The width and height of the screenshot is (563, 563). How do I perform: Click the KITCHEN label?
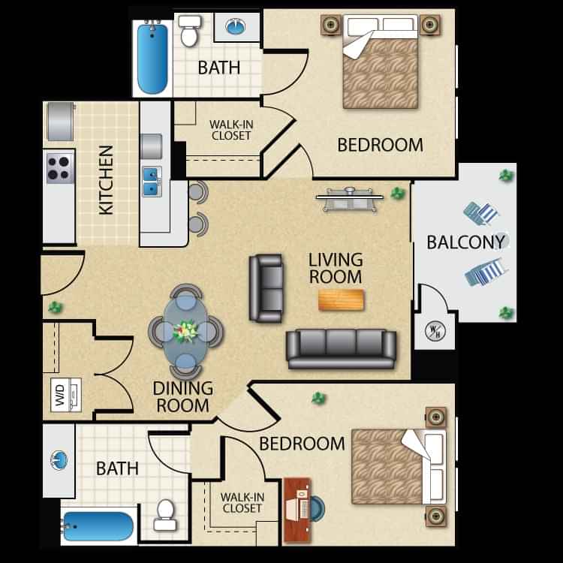point(107,181)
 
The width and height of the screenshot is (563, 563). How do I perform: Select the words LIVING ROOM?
point(335,268)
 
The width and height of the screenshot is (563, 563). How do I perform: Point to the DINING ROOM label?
point(182,396)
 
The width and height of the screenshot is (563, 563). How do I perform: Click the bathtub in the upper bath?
point(152,59)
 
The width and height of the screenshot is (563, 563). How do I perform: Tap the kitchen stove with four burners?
point(59,167)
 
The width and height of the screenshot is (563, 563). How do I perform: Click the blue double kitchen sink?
point(152,181)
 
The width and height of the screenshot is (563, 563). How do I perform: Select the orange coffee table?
point(341,300)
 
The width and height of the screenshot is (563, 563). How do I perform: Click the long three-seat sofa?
point(341,348)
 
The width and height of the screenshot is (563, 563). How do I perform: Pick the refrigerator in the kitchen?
point(59,121)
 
